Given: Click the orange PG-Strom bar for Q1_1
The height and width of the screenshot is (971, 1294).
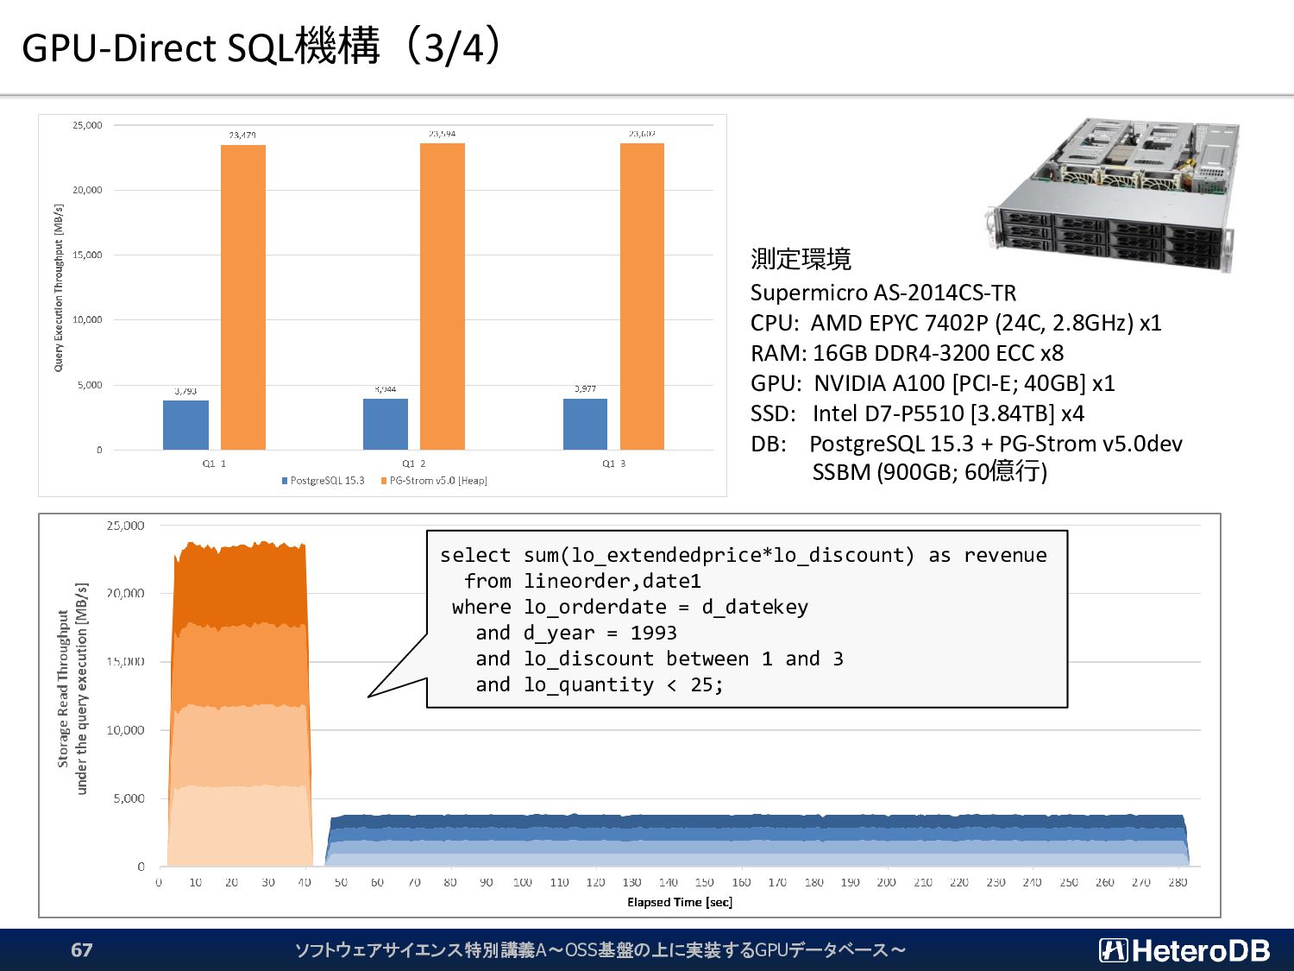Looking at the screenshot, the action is pyautogui.click(x=243, y=297).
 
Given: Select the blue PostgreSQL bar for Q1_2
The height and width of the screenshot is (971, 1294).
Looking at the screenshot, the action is pyautogui.click(x=386, y=424).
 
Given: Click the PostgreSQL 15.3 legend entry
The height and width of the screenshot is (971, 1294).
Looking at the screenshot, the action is pyautogui.click(x=323, y=481).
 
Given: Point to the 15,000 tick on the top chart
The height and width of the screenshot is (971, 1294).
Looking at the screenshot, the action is pyautogui.click(x=87, y=255).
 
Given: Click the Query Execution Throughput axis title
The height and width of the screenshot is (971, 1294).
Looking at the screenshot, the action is pyautogui.click(x=59, y=287).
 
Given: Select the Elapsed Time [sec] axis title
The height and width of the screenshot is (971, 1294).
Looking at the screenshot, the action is pyautogui.click(x=680, y=902).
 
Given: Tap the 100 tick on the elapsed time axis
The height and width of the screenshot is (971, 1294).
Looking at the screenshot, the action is pyautogui.click(x=522, y=882).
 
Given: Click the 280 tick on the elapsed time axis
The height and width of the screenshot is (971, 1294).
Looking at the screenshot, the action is pyautogui.click(x=1178, y=882).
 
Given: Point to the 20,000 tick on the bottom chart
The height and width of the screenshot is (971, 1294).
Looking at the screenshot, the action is pyautogui.click(x=125, y=593).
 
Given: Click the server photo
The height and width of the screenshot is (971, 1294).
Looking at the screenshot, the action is pyautogui.click(x=1114, y=194).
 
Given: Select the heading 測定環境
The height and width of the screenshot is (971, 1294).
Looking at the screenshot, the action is pyautogui.click(x=801, y=258).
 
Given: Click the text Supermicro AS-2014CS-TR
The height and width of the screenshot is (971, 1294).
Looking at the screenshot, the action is pyautogui.click(x=883, y=293).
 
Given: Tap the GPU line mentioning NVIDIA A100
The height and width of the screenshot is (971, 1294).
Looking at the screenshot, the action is pyautogui.click(x=933, y=383).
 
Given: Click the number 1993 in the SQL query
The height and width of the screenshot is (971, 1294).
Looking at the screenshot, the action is pyautogui.click(x=653, y=633).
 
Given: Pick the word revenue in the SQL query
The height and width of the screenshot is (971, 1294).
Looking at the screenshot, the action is pyautogui.click(x=1005, y=555).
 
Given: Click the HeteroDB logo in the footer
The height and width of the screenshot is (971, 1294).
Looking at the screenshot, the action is pyautogui.click(x=1184, y=950).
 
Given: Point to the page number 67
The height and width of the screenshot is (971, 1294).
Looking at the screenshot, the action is pyautogui.click(x=82, y=950).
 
